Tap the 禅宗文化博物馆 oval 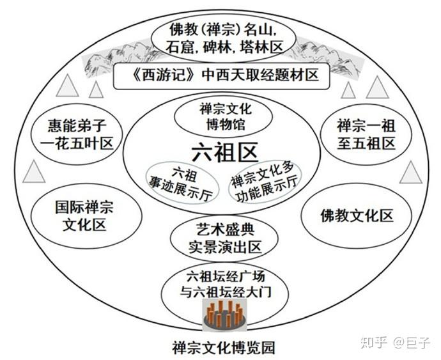[222, 117]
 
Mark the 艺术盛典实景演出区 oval [223, 238]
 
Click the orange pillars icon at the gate [224, 313]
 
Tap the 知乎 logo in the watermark [373, 343]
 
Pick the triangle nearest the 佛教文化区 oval [411, 171]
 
